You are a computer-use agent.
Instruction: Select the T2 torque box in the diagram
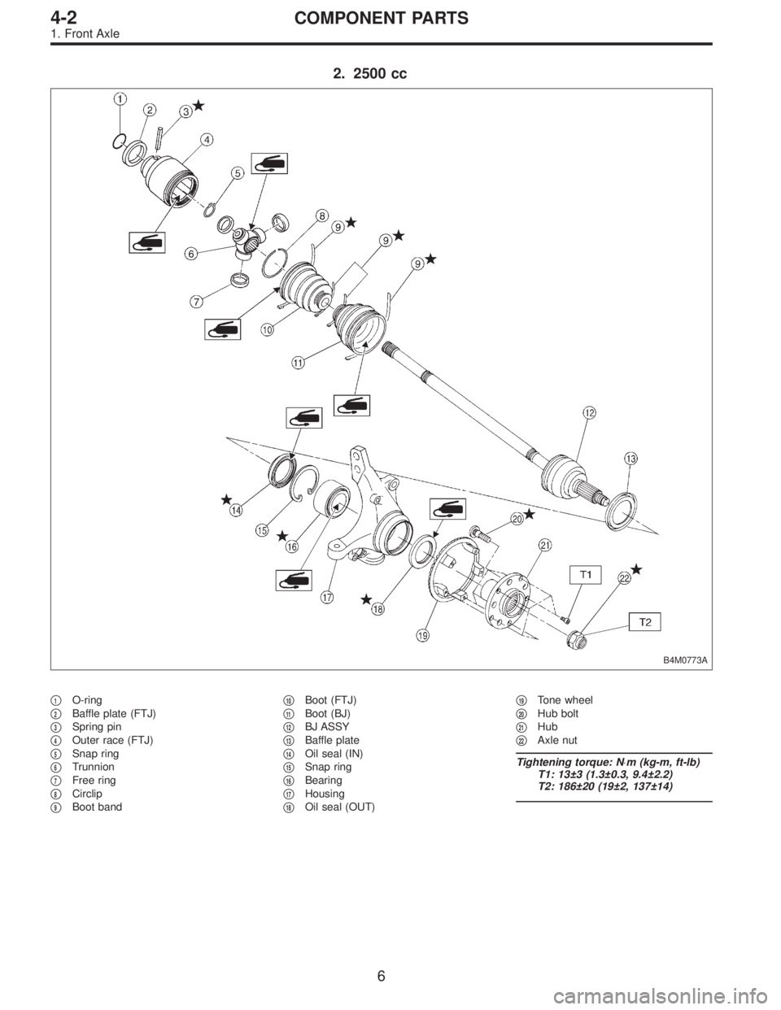tap(644, 623)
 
